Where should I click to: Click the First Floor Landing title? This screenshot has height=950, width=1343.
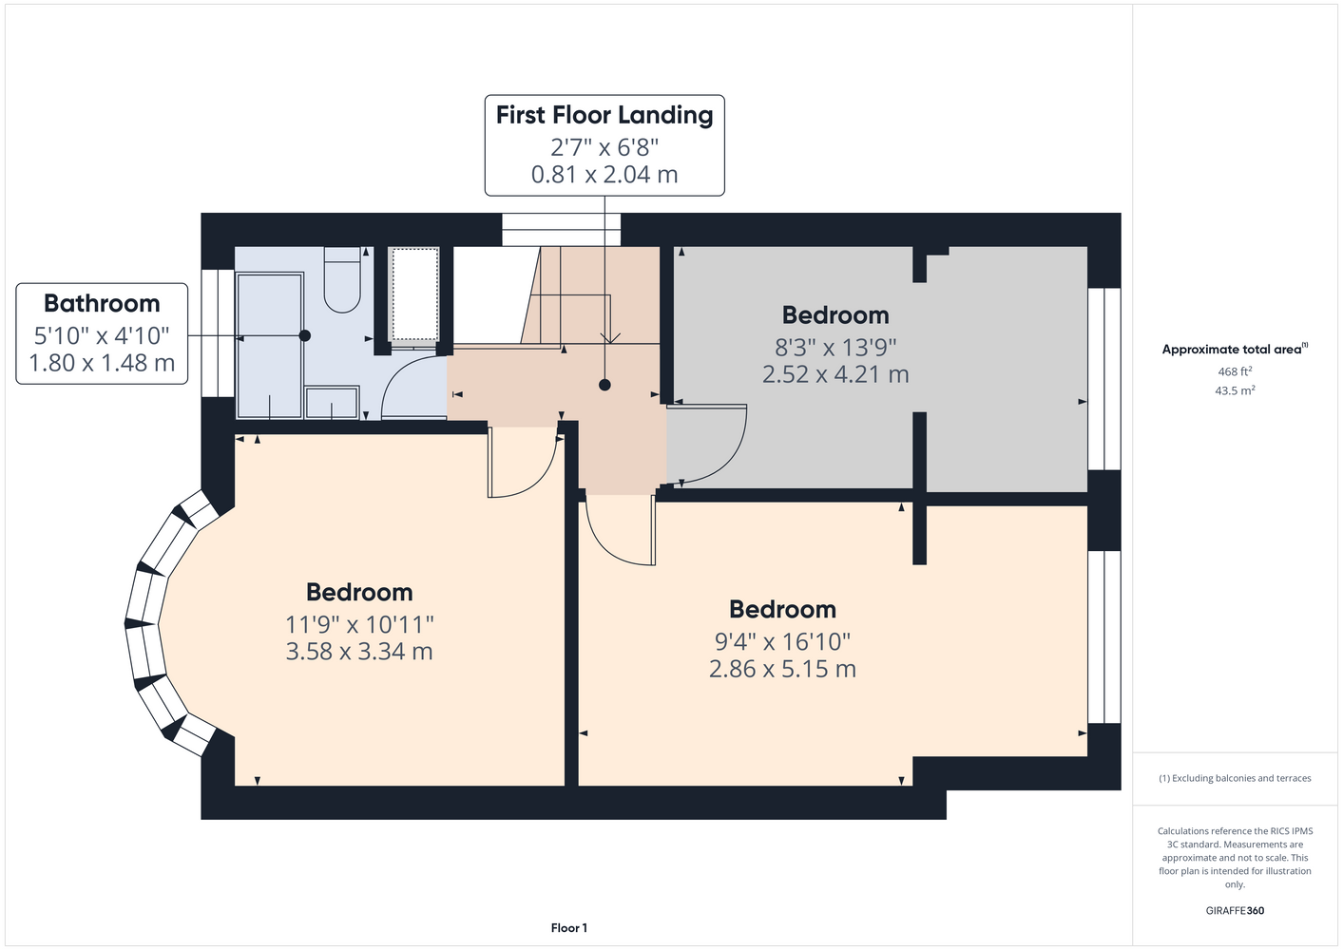pos(604,115)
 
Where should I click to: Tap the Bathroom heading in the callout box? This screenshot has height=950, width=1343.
pos(102,303)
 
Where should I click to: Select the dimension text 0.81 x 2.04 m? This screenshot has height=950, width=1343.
pos(604,175)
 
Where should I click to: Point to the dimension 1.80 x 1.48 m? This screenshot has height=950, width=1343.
pos(102,363)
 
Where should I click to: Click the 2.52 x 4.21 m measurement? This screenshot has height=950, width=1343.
pos(835,374)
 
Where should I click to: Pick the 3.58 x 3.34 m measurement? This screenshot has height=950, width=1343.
pos(359,651)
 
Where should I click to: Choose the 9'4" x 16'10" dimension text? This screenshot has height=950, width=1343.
pos(782,642)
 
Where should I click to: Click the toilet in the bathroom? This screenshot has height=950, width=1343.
pos(342,280)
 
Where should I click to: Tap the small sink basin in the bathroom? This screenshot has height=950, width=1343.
pos(332,402)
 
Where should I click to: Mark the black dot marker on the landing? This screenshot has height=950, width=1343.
pos(604,385)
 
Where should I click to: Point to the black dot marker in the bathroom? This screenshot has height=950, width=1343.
pos(304,335)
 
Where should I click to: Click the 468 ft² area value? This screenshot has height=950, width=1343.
pos(1235,371)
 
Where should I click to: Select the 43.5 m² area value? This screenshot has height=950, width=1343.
pos(1235,390)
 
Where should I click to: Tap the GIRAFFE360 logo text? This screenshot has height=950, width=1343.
pos(1235,910)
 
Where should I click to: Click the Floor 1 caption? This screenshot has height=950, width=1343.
pos(569,928)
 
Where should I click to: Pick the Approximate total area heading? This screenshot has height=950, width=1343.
pos(1235,350)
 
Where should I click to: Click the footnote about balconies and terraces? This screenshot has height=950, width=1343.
pos(1235,778)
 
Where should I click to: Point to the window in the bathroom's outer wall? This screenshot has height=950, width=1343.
pos(218,333)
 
